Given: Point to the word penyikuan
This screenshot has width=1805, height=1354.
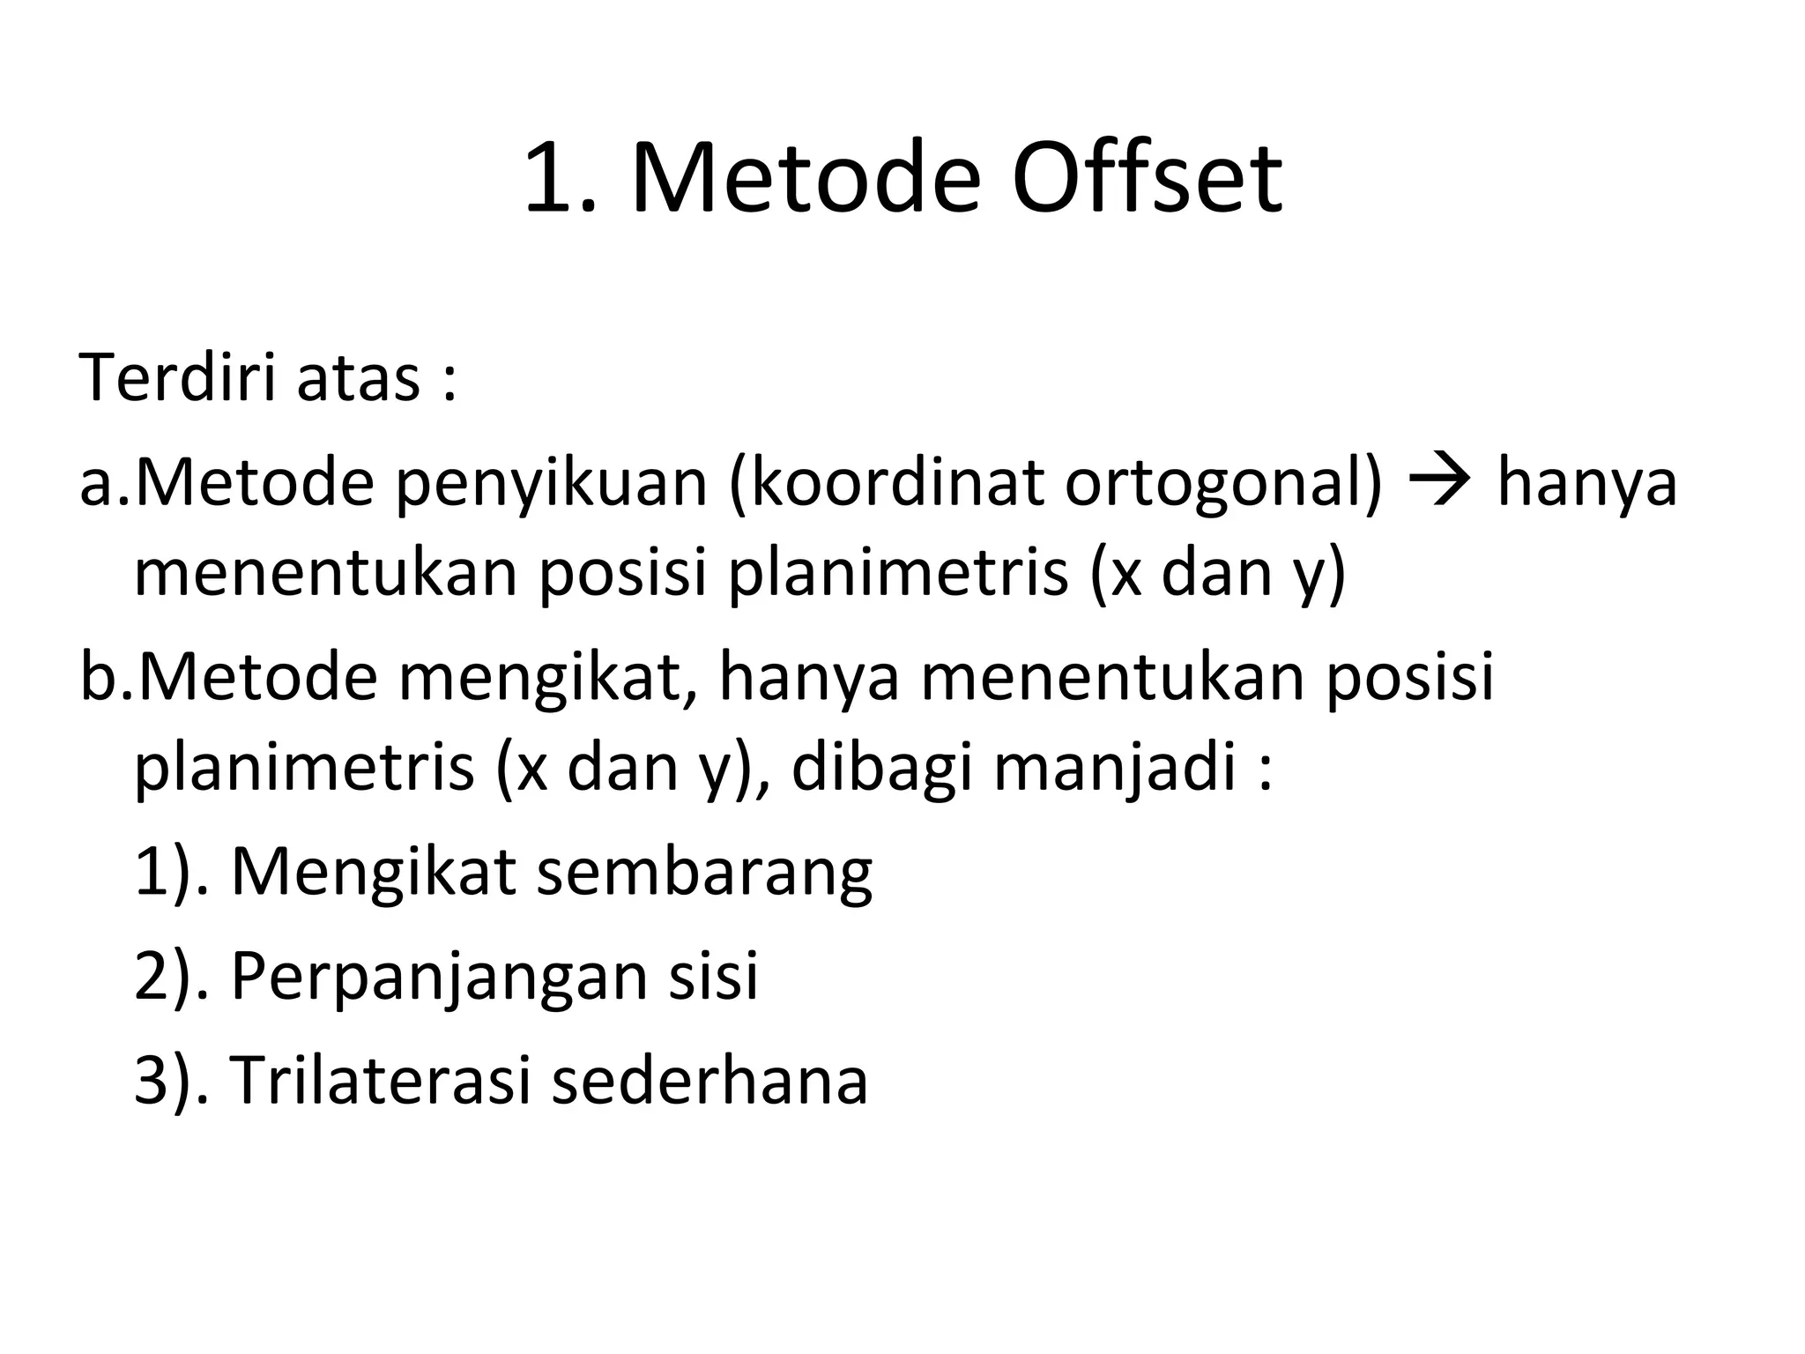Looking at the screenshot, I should (552, 485).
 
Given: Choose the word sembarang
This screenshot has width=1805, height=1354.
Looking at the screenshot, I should (704, 873).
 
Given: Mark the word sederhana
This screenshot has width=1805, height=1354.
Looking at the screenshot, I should (709, 1080).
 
